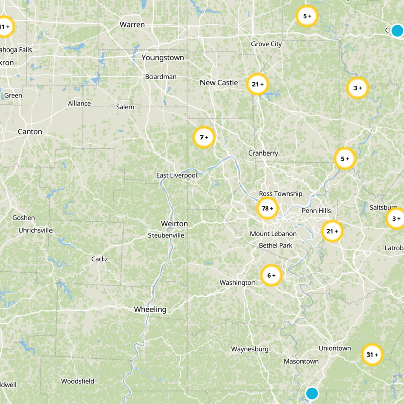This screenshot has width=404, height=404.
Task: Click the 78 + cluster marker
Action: (x=268, y=208)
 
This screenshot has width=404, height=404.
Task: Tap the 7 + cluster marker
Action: (x=204, y=137)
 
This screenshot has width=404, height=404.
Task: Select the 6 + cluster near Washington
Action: (x=271, y=275)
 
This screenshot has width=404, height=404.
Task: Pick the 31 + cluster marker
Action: (x=372, y=355)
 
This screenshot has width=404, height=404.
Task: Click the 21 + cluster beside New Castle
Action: (x=258, y=84)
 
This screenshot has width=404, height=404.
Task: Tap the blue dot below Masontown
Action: (x=312, y=393)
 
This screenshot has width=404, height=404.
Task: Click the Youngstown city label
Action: (x=163, y=58)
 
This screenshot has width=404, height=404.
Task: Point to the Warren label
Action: (x=132, y=24)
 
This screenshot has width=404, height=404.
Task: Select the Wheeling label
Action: (x=150, y=309)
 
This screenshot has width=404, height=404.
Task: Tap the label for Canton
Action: (x=30, y=132)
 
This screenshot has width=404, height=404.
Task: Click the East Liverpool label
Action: (x=177, y=175)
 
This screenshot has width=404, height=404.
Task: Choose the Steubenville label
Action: (x=166, y=235)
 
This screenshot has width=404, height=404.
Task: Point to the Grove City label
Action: (x=267, y=44)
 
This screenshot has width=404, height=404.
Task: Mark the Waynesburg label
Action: (x=249, y=349)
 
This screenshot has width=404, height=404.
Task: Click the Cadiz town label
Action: (x=99, y=259)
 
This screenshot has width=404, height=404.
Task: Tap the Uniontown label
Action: (x=335, y=348)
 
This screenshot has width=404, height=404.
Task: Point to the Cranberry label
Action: (x=263, y=153)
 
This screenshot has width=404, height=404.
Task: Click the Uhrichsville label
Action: (x=35, y=230)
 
